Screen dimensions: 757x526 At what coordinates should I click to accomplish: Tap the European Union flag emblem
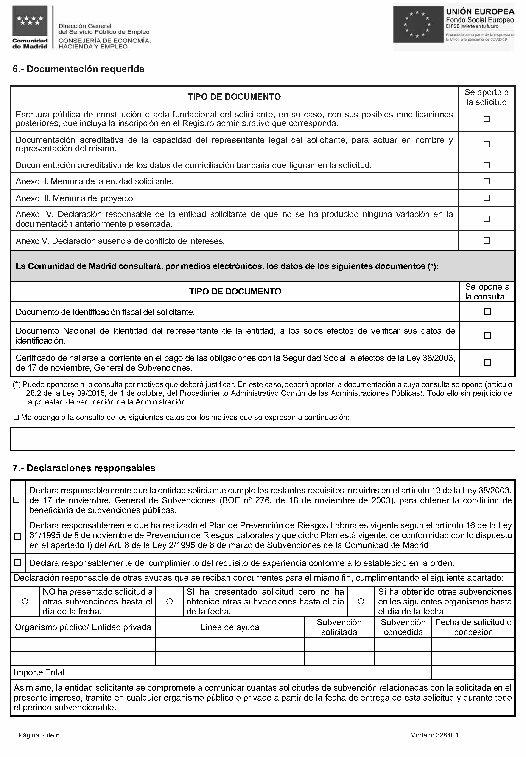418,24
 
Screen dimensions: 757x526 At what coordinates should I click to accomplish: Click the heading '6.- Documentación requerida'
78,69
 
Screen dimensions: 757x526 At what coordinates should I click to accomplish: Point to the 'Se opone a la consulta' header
487,291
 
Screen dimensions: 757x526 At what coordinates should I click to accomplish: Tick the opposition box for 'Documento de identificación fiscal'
487,312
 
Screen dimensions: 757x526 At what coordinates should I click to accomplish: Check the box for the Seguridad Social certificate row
487,363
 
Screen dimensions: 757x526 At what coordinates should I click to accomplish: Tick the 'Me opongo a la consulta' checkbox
16,417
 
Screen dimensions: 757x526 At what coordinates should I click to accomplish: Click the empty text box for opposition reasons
263,439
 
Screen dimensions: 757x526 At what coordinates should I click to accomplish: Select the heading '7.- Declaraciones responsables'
84,468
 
